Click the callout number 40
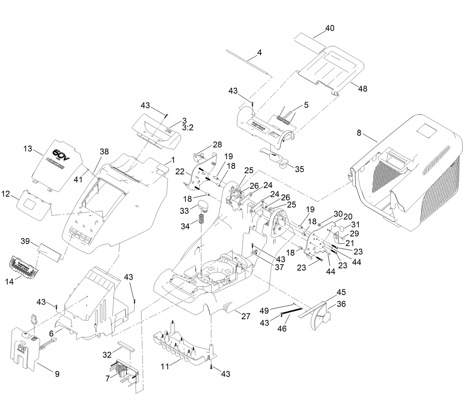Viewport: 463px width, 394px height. pyautogui.click(x=329, y=28)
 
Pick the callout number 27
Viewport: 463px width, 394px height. pyautogui.click(x=245, y=316)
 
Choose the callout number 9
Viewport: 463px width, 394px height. pyautogui.click(x=57, y=374)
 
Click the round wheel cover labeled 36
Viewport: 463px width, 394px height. pyautogui.click(x=320, y=317)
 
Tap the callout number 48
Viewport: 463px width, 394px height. pyautogui.click(x=363, y=88)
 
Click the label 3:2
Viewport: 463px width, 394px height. pyautogui.click(x=188, y=128)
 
